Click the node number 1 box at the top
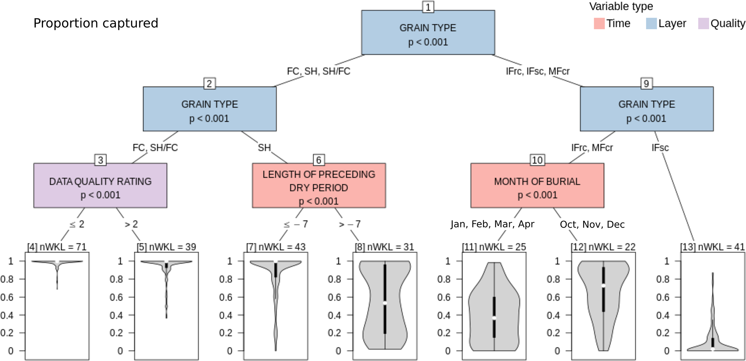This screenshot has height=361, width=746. point(428,7)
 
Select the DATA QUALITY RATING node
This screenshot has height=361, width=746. point(100,186)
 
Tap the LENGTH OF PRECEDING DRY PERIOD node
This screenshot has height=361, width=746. point(319,186)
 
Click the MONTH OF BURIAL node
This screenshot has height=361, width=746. point(537,186)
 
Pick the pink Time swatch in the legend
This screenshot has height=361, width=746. point(599,23)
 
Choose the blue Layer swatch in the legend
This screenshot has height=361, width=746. point(651,23)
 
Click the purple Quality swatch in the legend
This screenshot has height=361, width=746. point(703,23)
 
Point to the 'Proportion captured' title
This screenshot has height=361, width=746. point(96,23)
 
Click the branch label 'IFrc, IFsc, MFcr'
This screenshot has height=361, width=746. point(537,71)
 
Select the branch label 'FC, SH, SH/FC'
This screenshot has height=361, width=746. point(318,71)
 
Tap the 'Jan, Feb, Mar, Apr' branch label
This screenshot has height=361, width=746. point(492,224)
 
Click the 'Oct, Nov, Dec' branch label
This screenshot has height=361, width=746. point(592,225)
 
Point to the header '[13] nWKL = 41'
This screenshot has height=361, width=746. point(712,247)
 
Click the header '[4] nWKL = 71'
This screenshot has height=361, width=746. point(57,247)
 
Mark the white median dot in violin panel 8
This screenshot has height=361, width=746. point(385,303)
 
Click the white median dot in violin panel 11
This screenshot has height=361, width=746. point(494,318)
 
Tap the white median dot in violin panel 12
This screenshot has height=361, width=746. point(603,286)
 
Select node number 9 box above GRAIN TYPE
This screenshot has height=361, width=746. point(646,84)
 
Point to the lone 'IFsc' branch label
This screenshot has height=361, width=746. point(660,148)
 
